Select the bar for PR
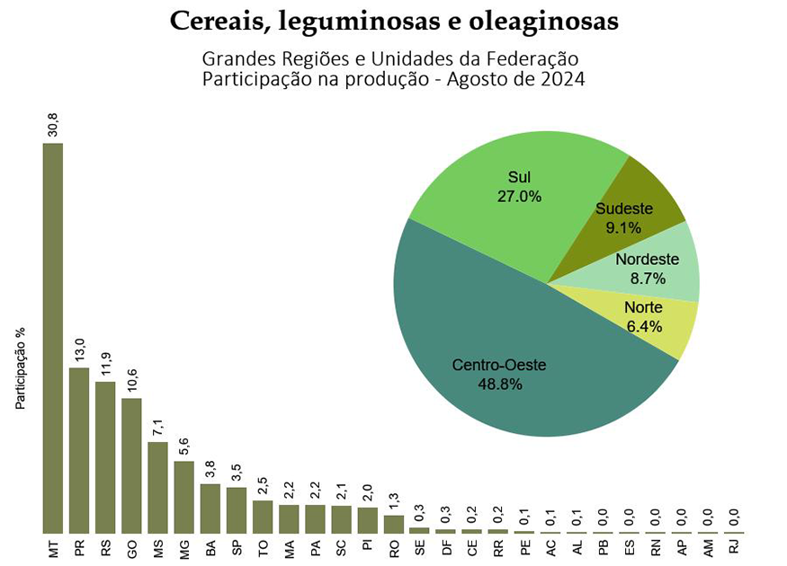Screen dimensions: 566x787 pos(79,450)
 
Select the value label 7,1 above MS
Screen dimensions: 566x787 pos(157,426)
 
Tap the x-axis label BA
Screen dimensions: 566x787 pos(210,547)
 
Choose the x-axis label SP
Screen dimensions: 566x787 pos(236,547)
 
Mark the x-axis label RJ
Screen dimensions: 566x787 pos(733,547)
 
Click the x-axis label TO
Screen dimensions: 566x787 pos(262,547)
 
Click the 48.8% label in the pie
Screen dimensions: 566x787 pos(499,384)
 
